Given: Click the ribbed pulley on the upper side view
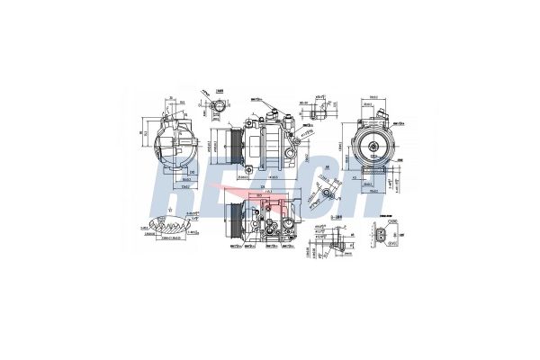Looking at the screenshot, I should (x=231, y=143).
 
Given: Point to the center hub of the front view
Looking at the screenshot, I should (x=369, y=143).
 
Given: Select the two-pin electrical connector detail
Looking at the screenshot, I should (x=384, y=237).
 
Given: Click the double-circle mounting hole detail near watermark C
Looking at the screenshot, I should (x=332, y=192).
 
